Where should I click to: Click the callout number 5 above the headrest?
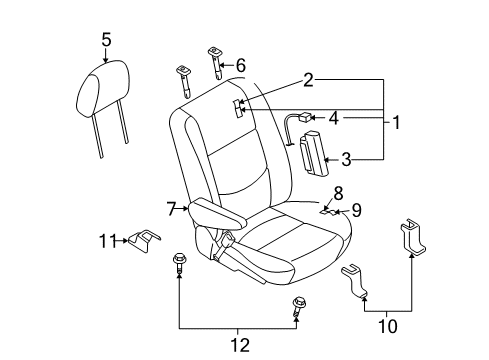tap(106, 40)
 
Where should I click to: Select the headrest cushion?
tap(103, 88)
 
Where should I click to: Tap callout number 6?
tap(241, 65)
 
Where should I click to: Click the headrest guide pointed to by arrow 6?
tap(216, 63)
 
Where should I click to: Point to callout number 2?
tap(308, 80)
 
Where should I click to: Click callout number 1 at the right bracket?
tap(396, 122)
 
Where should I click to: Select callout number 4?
tap(334, 118)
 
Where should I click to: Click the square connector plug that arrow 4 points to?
tap(305, 117)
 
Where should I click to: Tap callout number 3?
tap(346, 159)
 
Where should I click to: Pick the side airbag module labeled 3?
tap(313, 152)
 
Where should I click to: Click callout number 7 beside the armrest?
tap(171, 209)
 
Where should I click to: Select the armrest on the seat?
tap(218, 214)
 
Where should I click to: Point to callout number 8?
tap(338, 193)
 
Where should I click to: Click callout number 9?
tap(357, 210)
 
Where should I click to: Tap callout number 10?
tap(388, 326)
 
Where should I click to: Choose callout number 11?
tap(108, 241)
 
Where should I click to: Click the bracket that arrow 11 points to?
tap(144, 240)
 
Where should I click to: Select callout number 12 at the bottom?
tap(240, 345)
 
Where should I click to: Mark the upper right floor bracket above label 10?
tap(413, 237)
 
